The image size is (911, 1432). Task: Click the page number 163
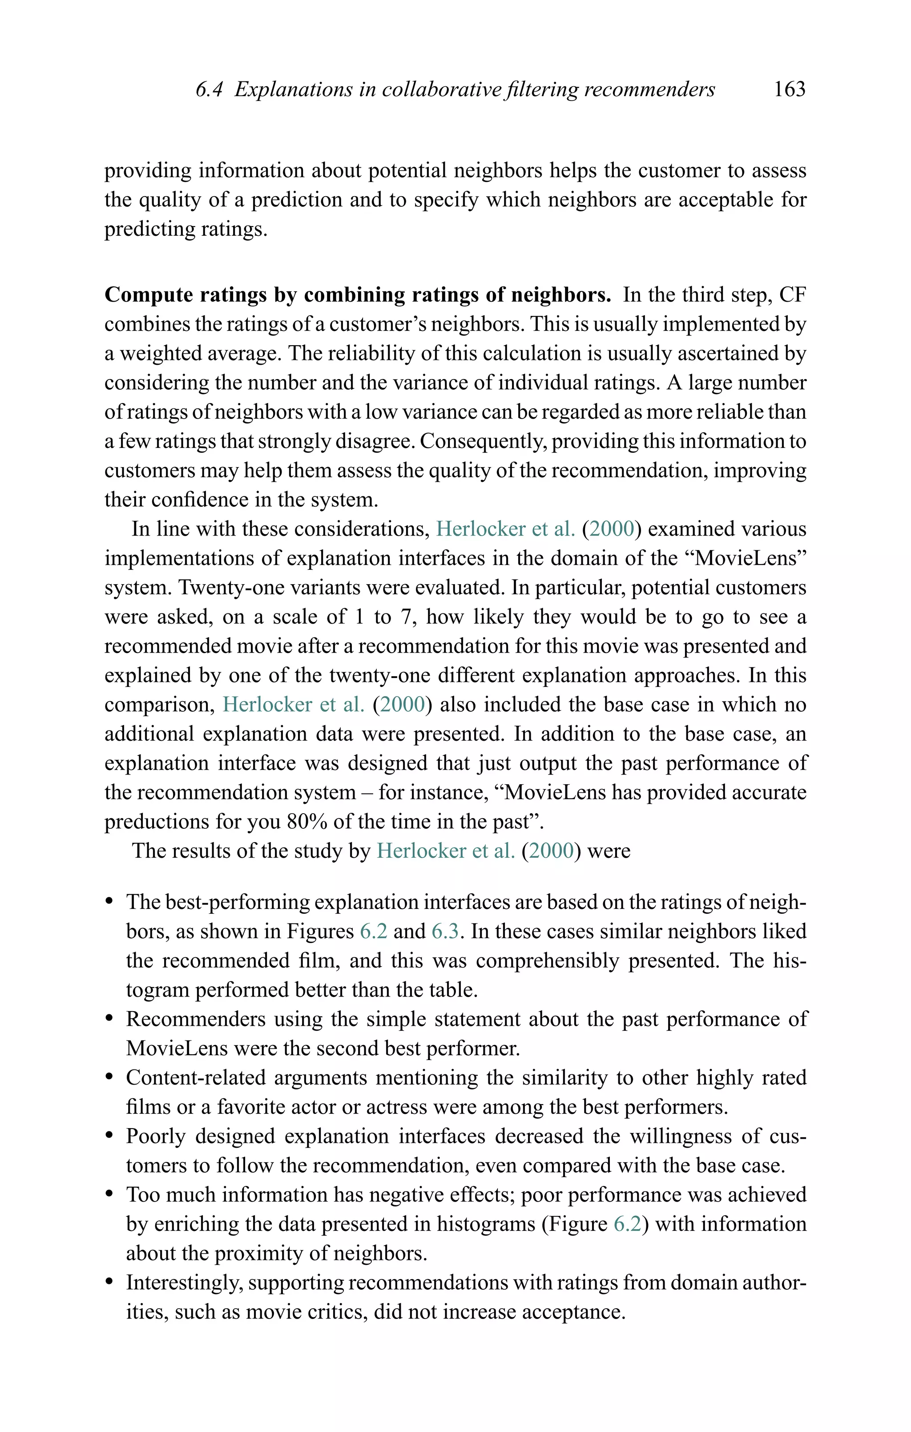[x=789, y=89]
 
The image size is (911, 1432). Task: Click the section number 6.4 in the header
[x=209, y=89]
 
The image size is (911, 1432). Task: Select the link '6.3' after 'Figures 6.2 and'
[x=445, y=931]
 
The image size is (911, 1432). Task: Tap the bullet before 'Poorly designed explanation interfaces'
[x=109, y=1137]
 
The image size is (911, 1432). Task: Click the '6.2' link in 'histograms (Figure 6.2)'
[x=627, y=1224]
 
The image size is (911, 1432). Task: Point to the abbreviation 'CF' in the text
[x=792, y=295]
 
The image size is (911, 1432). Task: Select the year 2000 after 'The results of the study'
[x=551, y=851]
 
